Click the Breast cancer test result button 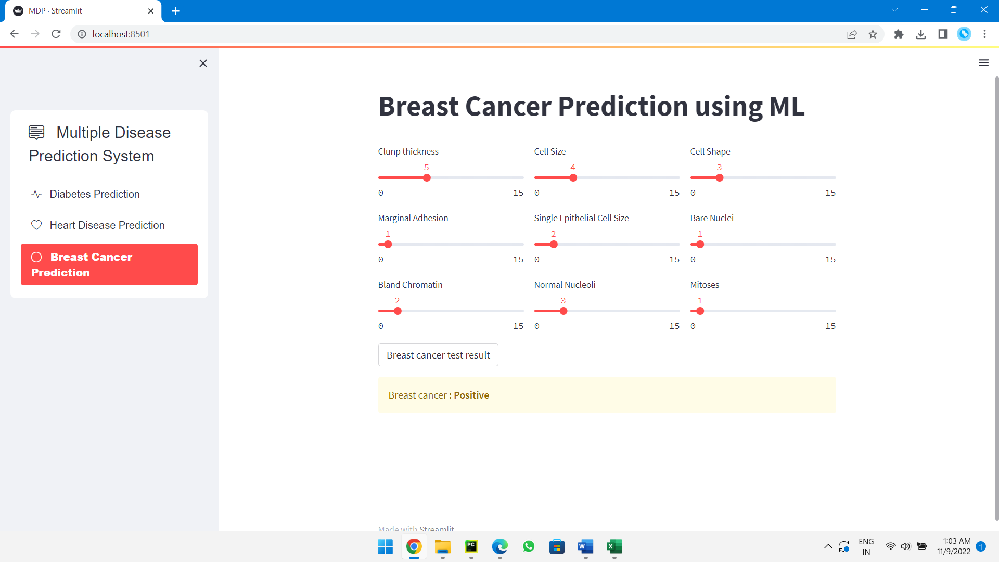[438, 355]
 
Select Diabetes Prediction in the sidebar [94, 194]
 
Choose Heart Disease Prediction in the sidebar [107, 225]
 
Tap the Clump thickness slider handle [427, 178]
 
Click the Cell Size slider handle [573, 178]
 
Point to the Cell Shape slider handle [720, 178]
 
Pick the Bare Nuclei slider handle [700, 245]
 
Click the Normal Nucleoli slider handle [563, 311]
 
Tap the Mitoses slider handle [700, 311]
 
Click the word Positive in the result [471, 395]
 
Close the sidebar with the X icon [203, 63]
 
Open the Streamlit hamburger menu [983, 63]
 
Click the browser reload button [56, 34]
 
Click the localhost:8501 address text [121, 34]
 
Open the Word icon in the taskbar [585, 546]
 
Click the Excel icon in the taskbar [614, 546]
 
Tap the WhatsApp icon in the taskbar [529, 546]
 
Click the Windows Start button [385, 546]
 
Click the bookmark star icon [873, 34]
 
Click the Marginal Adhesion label [413, 218]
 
